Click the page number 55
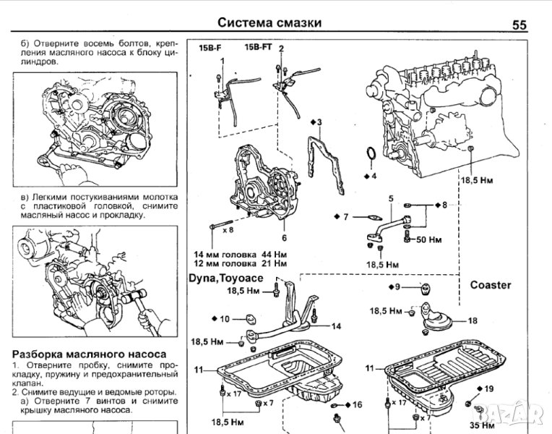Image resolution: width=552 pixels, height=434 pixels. (x=519, y=25)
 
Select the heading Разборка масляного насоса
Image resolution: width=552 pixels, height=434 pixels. (x=90, y=354)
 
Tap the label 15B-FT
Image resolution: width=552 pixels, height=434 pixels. (x=258, y=47)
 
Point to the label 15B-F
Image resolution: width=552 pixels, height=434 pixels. (x=210, y=47)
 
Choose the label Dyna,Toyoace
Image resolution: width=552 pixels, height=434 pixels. (x=228, y=277)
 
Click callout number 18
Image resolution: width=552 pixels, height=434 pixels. (x=473, y=320)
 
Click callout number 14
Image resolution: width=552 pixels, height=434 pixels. (x=337, y=326)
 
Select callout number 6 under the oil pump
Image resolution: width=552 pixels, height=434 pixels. (x=285, y=237)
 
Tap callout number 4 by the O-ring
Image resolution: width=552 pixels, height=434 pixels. (x=374, y=175)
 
